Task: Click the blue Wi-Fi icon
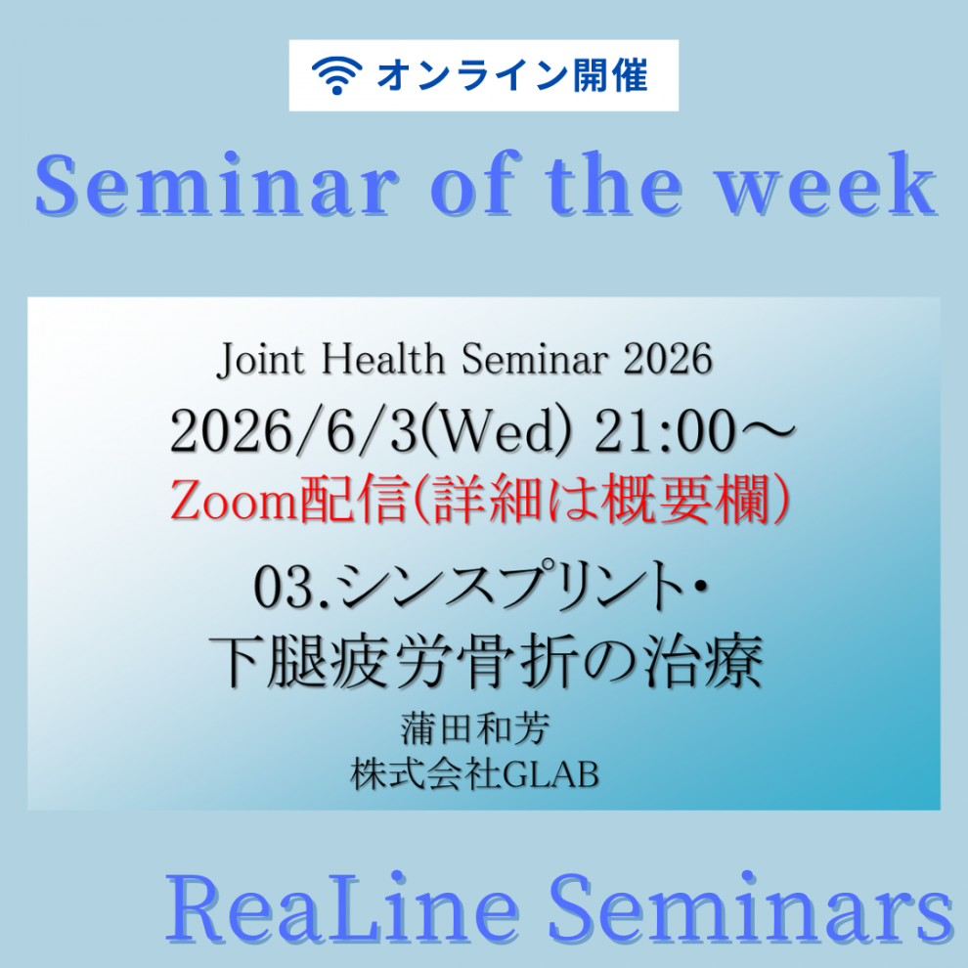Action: tap(336, 75)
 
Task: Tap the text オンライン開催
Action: tap(512, 75)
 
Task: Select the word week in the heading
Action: tap(826, 184)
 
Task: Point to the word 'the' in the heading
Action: tap(614, 184)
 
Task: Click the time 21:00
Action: tap(666, 431)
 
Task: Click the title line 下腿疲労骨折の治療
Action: tap(487, 662)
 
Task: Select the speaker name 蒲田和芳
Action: tap(475, 729)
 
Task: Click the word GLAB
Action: tap(550, 774)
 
